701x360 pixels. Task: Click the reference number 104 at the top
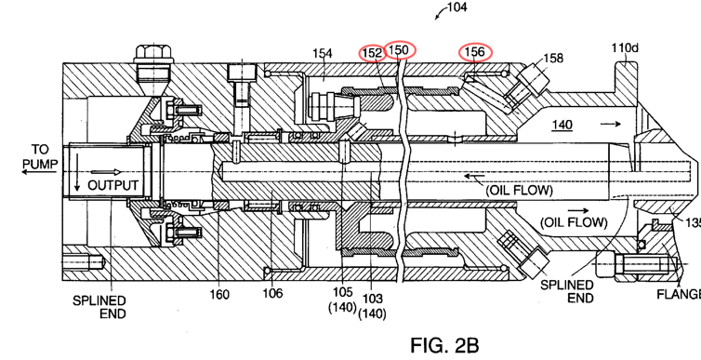pos(456,7)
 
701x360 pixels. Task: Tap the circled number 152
pos(373,53)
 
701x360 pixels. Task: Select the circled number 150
pos(399,49)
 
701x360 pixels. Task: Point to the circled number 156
pos(475,52)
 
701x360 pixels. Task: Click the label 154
pos(323,53)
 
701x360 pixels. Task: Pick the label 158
pos(553,58)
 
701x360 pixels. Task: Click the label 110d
pos(625,47)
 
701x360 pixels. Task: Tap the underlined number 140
pos(562,125)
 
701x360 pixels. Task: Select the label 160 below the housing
pos(219,295)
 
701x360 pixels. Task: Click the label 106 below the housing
pos(272,293)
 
